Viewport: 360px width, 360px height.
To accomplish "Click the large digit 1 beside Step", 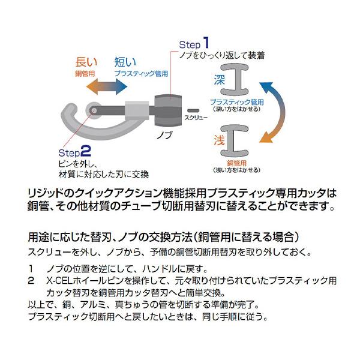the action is [206, 43].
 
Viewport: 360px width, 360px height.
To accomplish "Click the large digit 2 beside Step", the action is [86, 152].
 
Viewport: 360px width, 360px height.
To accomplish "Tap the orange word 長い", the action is [86, 62].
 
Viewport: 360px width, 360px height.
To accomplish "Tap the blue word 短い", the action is [125, 62].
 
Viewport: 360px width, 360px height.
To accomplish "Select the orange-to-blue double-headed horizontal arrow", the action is [107, 86].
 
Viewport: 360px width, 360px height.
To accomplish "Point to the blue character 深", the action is [219, 80].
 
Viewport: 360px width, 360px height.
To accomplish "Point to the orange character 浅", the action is [219, 140].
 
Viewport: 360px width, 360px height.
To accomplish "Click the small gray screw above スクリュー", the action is [193, 110].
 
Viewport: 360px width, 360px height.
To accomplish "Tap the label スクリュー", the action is [196, 118].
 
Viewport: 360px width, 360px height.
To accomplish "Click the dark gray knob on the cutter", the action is [168, 110].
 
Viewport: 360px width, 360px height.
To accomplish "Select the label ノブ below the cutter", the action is [164, 135].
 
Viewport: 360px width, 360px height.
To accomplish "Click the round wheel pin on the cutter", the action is [93, 110].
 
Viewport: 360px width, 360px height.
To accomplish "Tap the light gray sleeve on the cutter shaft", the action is [137, 110].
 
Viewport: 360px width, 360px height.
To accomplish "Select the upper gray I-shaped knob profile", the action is [234, 80].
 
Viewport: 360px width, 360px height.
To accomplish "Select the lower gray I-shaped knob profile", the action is [234, 140].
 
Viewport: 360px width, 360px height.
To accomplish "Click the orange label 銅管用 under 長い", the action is [85, 73].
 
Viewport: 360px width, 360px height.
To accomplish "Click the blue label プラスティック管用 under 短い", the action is [141, 73].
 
